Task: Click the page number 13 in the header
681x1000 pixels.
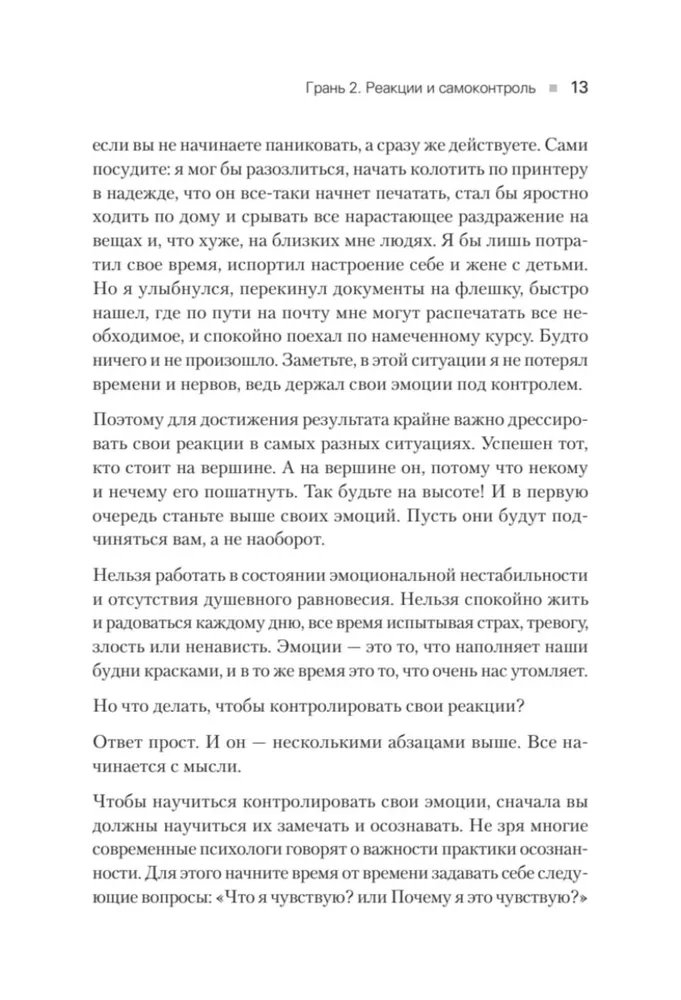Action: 579,87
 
